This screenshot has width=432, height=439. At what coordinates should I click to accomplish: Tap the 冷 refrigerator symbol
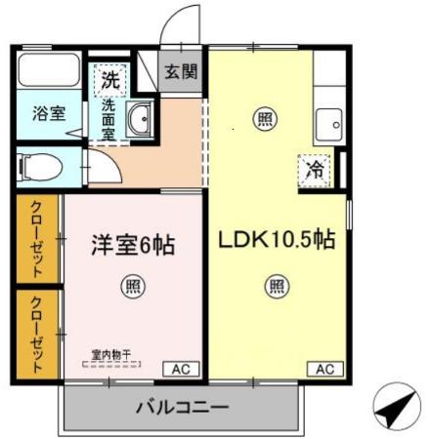[x=315, y=168]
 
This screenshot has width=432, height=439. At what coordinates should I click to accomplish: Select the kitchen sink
[x=327, y=126]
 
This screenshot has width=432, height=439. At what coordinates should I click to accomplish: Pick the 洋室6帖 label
[x=135, y=245]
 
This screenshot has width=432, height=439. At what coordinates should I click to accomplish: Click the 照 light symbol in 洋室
[x=132, y=286]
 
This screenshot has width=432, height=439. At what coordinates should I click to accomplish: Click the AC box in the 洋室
[x=181, y=369]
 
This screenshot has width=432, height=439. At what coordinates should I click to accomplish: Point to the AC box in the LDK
[x=324, y=369]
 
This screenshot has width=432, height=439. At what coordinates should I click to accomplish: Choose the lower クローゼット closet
[x=37, y=333]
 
